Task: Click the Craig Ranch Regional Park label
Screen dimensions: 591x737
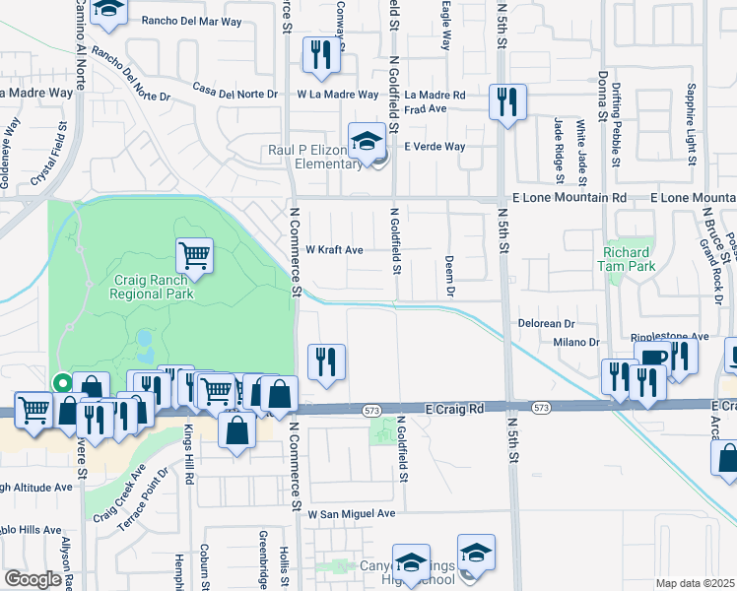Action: (151, 286)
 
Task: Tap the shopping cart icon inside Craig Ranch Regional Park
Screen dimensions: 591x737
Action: (195, 255)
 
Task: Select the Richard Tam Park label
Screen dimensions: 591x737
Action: (627, 259)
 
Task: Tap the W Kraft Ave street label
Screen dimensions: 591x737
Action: (334, 250)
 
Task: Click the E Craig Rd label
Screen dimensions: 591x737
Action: (457, 407)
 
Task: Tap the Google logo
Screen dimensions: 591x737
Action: (33, 579)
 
